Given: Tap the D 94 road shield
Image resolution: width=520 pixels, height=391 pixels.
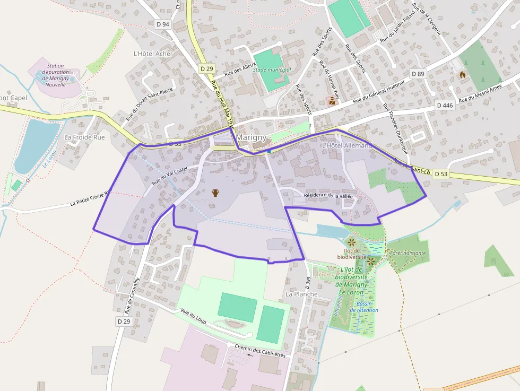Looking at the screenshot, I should click(x=163, y=24).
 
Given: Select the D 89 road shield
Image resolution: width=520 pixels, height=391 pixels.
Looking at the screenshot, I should click(x=418, y=74).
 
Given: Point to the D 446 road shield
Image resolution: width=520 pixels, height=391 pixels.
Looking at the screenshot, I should click(x=445, y=105).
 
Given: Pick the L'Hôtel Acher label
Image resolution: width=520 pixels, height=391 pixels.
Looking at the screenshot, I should click(x=153, y=54).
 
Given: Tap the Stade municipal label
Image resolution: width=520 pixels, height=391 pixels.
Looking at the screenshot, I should click(x=272, y=69).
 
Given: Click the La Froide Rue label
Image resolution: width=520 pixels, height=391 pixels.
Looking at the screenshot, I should click(x=84, y=137).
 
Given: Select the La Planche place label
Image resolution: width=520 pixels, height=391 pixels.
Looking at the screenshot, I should click(x=301, y=294).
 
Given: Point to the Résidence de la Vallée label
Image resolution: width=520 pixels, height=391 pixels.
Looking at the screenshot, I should click(x=328, y=195).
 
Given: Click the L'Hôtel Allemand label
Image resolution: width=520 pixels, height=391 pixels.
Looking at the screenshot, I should click(x=347, y=145).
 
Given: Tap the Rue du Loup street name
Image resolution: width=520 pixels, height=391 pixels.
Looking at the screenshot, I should click(x=193, y=316).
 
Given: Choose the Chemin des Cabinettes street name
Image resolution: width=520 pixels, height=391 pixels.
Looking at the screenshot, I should click(x=260, y=351).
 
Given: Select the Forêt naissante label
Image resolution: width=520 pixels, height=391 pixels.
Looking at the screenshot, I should click(x=408, y=253).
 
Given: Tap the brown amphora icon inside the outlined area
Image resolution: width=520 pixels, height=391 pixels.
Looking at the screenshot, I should click(x=215, y=193).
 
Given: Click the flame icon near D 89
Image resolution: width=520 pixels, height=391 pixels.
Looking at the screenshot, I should click(x=463, y=75).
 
